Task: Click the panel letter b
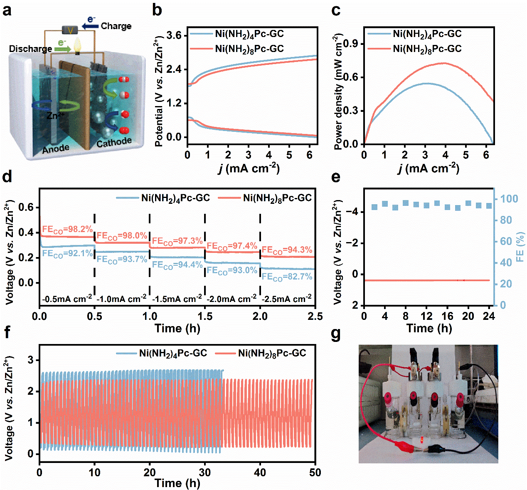(157, 10)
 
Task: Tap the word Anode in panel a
(56, 148)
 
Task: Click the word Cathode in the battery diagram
(114, 142)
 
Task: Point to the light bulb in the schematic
(77, 45)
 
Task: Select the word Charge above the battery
(116, 26)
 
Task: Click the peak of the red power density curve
(444, 63)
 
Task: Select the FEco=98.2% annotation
(67, 230)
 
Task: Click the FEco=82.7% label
(287, 277)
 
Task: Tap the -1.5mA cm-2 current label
(177, 299)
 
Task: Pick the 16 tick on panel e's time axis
(447, 316)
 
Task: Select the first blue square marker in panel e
(374, 207)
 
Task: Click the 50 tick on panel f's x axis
(315, 473)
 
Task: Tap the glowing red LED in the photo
(421, 440)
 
